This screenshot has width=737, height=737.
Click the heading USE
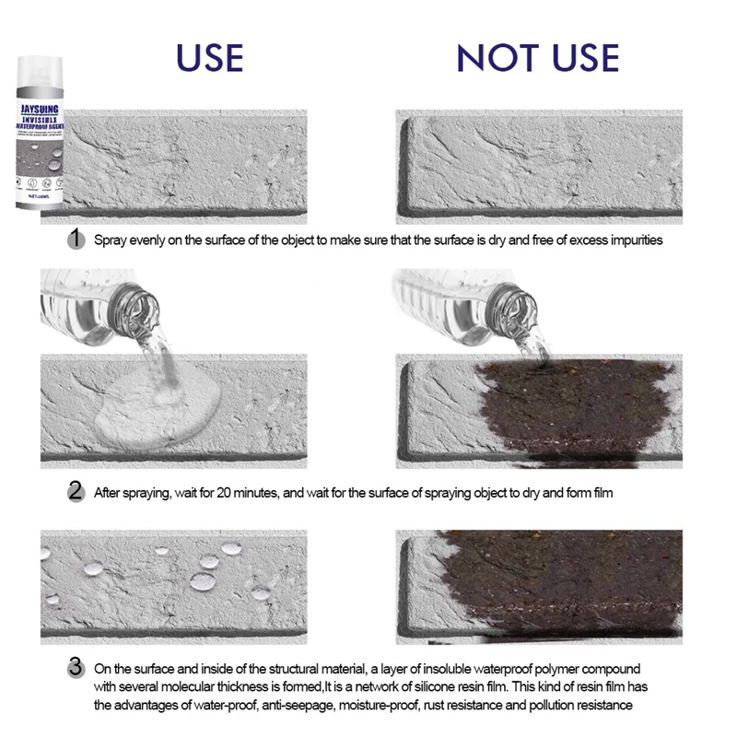point(210,57)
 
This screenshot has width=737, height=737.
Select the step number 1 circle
point(78,240)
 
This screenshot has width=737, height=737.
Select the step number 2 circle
point(78,492)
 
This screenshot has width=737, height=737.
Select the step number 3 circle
point(78,667)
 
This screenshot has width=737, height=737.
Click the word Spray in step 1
point(111,240)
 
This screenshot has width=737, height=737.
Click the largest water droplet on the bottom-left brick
point(202,581)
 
